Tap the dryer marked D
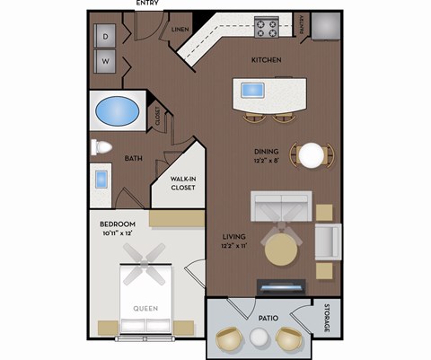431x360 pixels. pos(106,37)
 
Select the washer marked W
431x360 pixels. pos(106,62)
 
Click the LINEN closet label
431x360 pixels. pos(180,30)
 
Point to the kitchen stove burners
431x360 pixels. pos(267,27)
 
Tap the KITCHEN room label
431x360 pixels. pos(266,60)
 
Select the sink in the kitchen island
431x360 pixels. pos(251,90)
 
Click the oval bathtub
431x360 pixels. pos(118,114)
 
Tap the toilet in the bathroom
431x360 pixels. pos(101,148)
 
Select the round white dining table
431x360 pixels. pos(312,156)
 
